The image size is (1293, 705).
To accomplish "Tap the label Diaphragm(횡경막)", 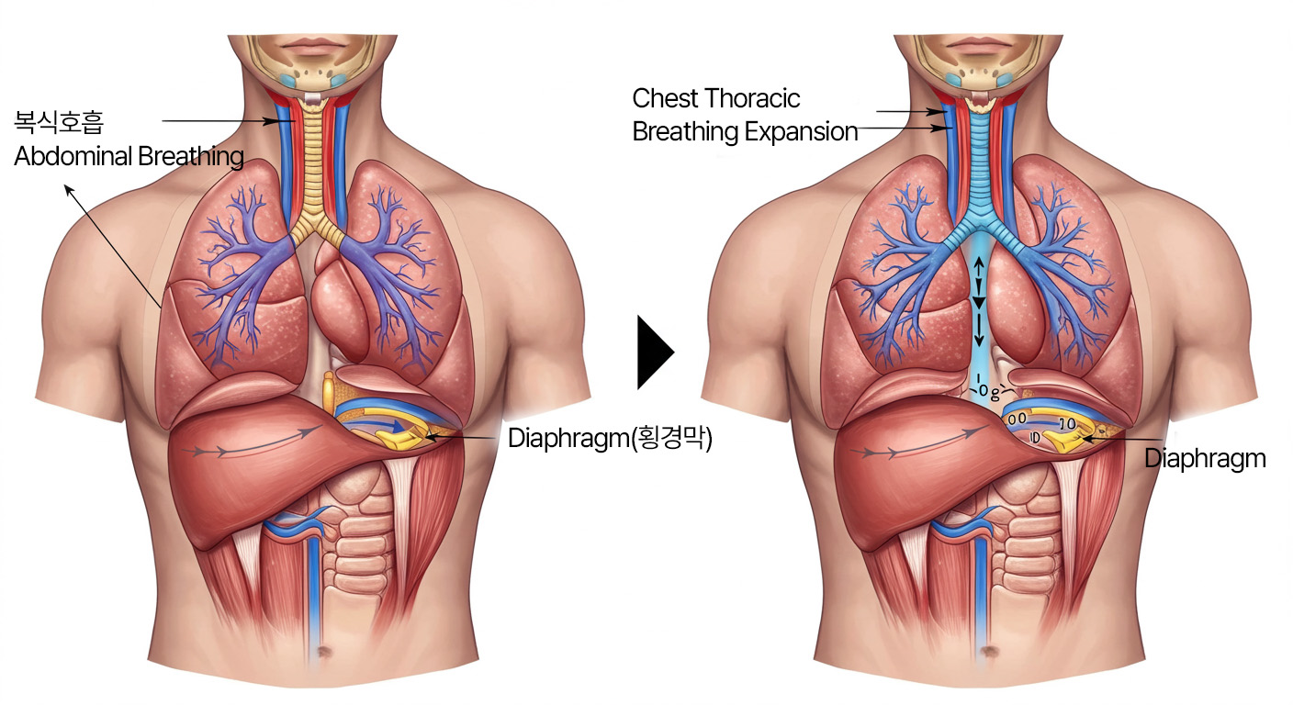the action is point(611,439).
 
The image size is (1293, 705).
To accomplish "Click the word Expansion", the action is point(800,132).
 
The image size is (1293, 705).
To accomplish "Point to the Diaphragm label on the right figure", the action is point(1205,458).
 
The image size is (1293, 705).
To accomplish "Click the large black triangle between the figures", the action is point(655,352).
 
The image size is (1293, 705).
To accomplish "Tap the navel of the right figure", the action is point(988,655).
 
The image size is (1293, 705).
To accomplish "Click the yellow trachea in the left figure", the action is point(315,165).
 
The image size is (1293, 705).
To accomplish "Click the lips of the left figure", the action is point(314,46).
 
